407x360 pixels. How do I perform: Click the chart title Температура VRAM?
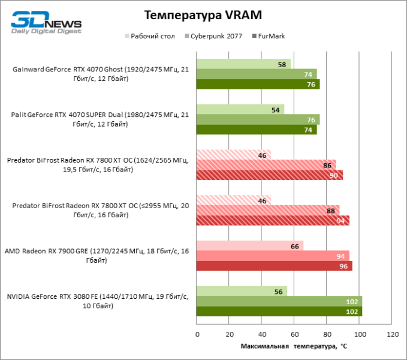[x=203, y=14]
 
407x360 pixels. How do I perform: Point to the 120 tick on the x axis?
[x=393, y=334]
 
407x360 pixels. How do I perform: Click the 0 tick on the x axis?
[x=197, y=334]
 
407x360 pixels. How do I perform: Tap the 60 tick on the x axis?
[x=294, y=334]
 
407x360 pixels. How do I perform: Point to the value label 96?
[x=343, y=266]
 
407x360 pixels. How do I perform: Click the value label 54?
[x=276, y=109]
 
